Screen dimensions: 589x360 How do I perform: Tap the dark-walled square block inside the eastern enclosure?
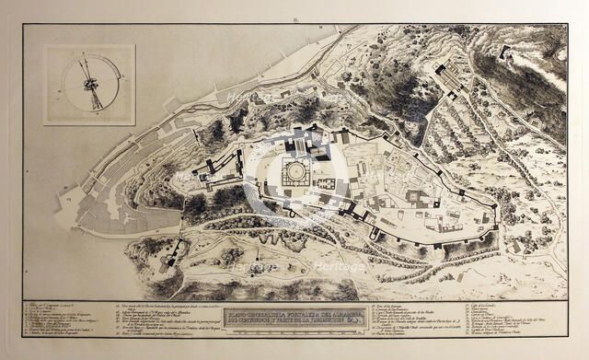(416, 199)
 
